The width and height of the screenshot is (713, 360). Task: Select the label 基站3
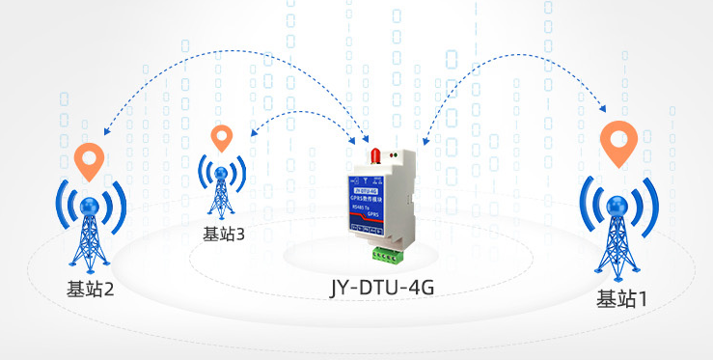(x=224, y=233)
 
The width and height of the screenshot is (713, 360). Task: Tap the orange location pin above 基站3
(x=223, y=138)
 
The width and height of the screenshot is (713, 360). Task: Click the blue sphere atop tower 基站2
(x=91, y=206)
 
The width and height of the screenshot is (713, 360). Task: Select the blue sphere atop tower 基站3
(x=222, y=175)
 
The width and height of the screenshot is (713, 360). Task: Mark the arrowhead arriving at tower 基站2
(x=104, y=133)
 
